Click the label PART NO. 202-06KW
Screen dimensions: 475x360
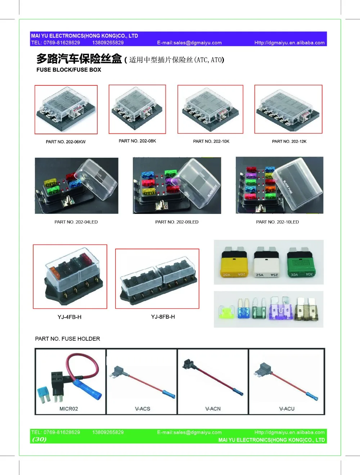click(x=66, y=142)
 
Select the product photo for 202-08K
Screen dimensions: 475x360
click(x=137, y=109)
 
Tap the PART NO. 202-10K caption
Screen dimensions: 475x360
click(x=211, y=142)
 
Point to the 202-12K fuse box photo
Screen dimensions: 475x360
click(x=288, y=109)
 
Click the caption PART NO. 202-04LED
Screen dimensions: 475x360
click(x=76, y=222)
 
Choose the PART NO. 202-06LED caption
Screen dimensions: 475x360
click(x=177, y=222)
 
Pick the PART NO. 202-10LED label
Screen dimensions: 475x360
click(x=277, y=222)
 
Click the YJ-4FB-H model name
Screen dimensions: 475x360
click(x=69, y=317)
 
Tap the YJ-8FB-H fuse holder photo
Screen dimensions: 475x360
click(x=157, y=279)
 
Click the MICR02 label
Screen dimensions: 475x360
click(x=68, y=409)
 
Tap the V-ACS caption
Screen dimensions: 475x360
click(x=143, y=409)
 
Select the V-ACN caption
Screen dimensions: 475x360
click(x=213, y=409)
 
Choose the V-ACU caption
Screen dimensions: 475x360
click(x=287, y=409)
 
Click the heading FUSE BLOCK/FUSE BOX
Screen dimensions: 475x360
click(x=69, y=70)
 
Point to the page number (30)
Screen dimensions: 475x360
click(x=39, y=439)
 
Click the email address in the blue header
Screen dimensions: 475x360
click(x=189, y=43)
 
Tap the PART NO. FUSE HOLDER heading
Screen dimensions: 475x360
click(x=67, y=339)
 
